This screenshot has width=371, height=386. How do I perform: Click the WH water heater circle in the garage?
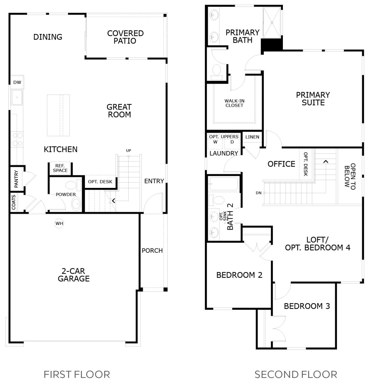pos(59,223)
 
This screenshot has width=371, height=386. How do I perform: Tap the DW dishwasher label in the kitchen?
pos(17,82)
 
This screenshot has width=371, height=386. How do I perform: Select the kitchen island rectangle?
pos(58,115)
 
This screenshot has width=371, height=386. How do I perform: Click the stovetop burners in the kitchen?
pos(17,139)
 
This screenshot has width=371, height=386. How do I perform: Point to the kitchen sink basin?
pos(17,97)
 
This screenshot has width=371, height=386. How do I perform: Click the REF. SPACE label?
pos(60,168)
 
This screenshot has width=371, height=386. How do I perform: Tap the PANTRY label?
pos(16,179)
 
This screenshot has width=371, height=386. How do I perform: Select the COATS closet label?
pos(14,202)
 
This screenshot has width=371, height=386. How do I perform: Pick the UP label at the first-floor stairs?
pos(128,151)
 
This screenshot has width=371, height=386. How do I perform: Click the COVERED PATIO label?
pos(125,37)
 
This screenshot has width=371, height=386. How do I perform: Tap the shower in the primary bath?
pos(272,23)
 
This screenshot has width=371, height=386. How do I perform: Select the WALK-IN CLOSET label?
pos(234,103)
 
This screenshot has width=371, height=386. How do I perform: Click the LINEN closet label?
pos(252,137)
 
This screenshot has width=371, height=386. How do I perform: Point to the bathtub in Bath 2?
pos(224,184)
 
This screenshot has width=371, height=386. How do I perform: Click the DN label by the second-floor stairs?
pos(258,193)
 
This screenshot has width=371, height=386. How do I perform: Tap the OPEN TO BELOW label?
pos(350,176)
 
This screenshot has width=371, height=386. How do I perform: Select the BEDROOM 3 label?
pos(307,306)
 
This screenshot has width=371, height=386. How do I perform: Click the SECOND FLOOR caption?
pos(296,375)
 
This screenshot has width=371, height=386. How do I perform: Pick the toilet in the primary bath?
pos(216,72)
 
